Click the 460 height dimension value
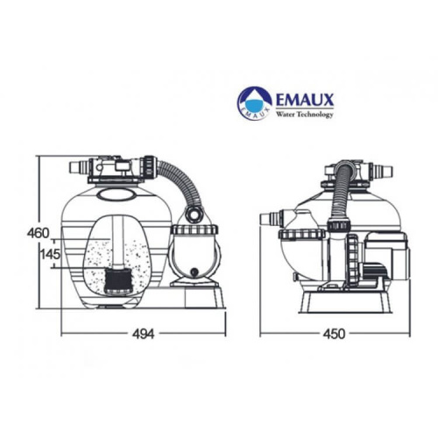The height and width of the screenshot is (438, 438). point(37,233)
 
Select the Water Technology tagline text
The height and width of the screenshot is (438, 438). point(304,114)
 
